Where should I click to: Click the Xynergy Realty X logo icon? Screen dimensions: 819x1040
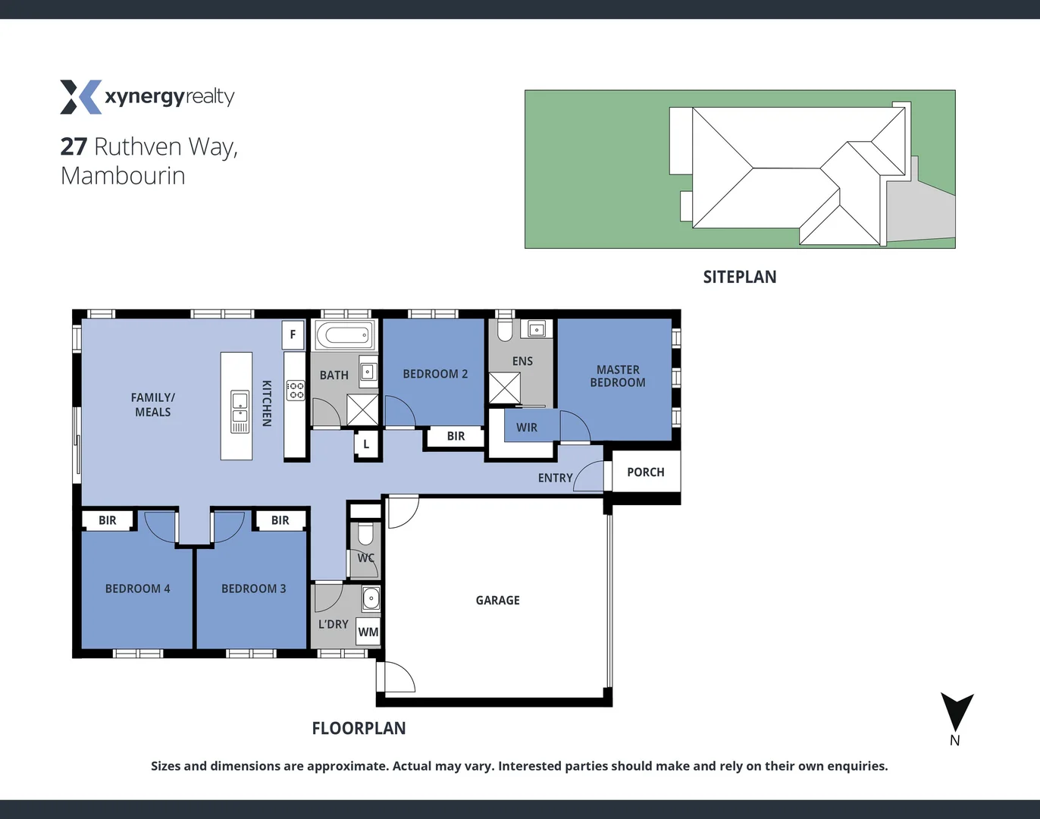coord(80,97)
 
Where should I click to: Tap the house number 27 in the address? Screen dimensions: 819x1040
coord(74,146)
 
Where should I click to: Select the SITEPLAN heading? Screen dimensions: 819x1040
coord(739,277)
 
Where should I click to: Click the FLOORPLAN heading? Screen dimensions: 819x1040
coord(359,728)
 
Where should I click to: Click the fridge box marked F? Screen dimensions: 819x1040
coord(293,334)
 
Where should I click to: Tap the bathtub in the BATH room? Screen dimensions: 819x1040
coord(345,335)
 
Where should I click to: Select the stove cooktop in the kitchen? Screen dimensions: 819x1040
coord(295,391)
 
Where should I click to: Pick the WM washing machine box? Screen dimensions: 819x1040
coord(368,632)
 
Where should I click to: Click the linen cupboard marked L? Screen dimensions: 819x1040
coord(366,444)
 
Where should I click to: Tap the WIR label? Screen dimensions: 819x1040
coord(527,428)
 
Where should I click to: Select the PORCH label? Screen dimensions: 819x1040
coord(645,472)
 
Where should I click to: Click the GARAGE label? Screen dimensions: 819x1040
coord(497,600)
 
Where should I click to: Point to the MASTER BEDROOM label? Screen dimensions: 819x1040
coord(618,376)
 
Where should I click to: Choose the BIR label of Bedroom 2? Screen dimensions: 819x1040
coord(456,436)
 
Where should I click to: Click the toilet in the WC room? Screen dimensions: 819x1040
coord(365,534)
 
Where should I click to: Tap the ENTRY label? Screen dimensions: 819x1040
coord(555,478)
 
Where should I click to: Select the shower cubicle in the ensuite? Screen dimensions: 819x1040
coord(504,388)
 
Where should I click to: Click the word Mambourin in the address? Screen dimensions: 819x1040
coord(123,176)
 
